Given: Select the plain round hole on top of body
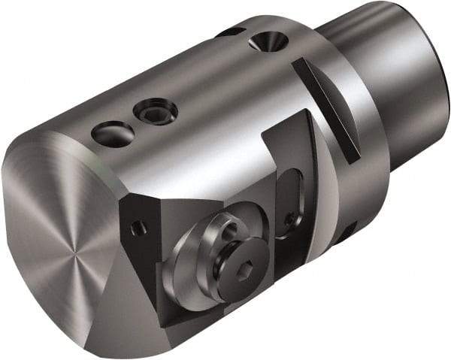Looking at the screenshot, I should (113, 135).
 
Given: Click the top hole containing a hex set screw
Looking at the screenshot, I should (156, 113).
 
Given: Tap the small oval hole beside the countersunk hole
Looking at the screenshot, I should (229, 32).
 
